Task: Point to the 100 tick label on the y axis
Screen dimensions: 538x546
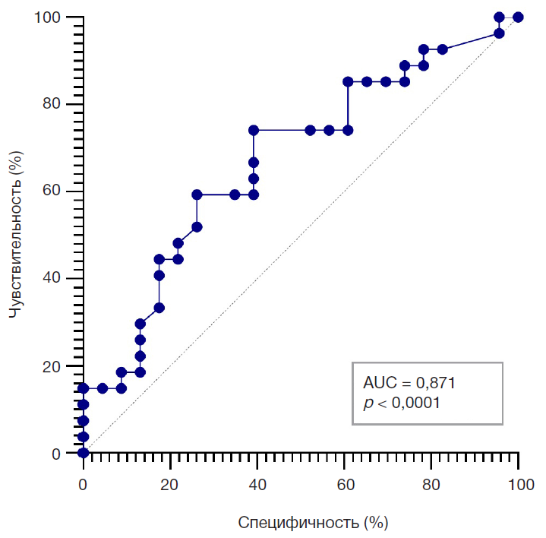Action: point(55,17)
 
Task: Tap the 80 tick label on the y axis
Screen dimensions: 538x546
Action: point(59,104)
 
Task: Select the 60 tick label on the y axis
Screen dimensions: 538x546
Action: point(59,191)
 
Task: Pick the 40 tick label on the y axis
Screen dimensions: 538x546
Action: point(59,279)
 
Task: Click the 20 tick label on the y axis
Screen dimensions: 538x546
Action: point(59,366)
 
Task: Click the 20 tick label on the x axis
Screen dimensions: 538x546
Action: point(171,484)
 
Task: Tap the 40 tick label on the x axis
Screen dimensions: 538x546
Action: point(257,484)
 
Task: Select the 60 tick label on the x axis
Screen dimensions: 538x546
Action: point(345,484)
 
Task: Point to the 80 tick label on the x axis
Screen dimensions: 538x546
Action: point(432,484)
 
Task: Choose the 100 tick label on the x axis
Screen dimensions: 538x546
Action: point(519,484)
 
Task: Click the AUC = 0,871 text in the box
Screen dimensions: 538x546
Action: point(409,383)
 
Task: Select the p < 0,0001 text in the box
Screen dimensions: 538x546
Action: point(402,403)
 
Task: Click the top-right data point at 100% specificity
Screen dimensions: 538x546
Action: point(518,17)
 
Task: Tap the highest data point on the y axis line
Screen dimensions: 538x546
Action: point(84,388)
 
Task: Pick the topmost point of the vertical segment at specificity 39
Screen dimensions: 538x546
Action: point(254,130)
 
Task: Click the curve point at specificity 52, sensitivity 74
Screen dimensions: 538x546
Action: point(310,130)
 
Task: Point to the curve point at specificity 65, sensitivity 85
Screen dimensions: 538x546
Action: point(367,81)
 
